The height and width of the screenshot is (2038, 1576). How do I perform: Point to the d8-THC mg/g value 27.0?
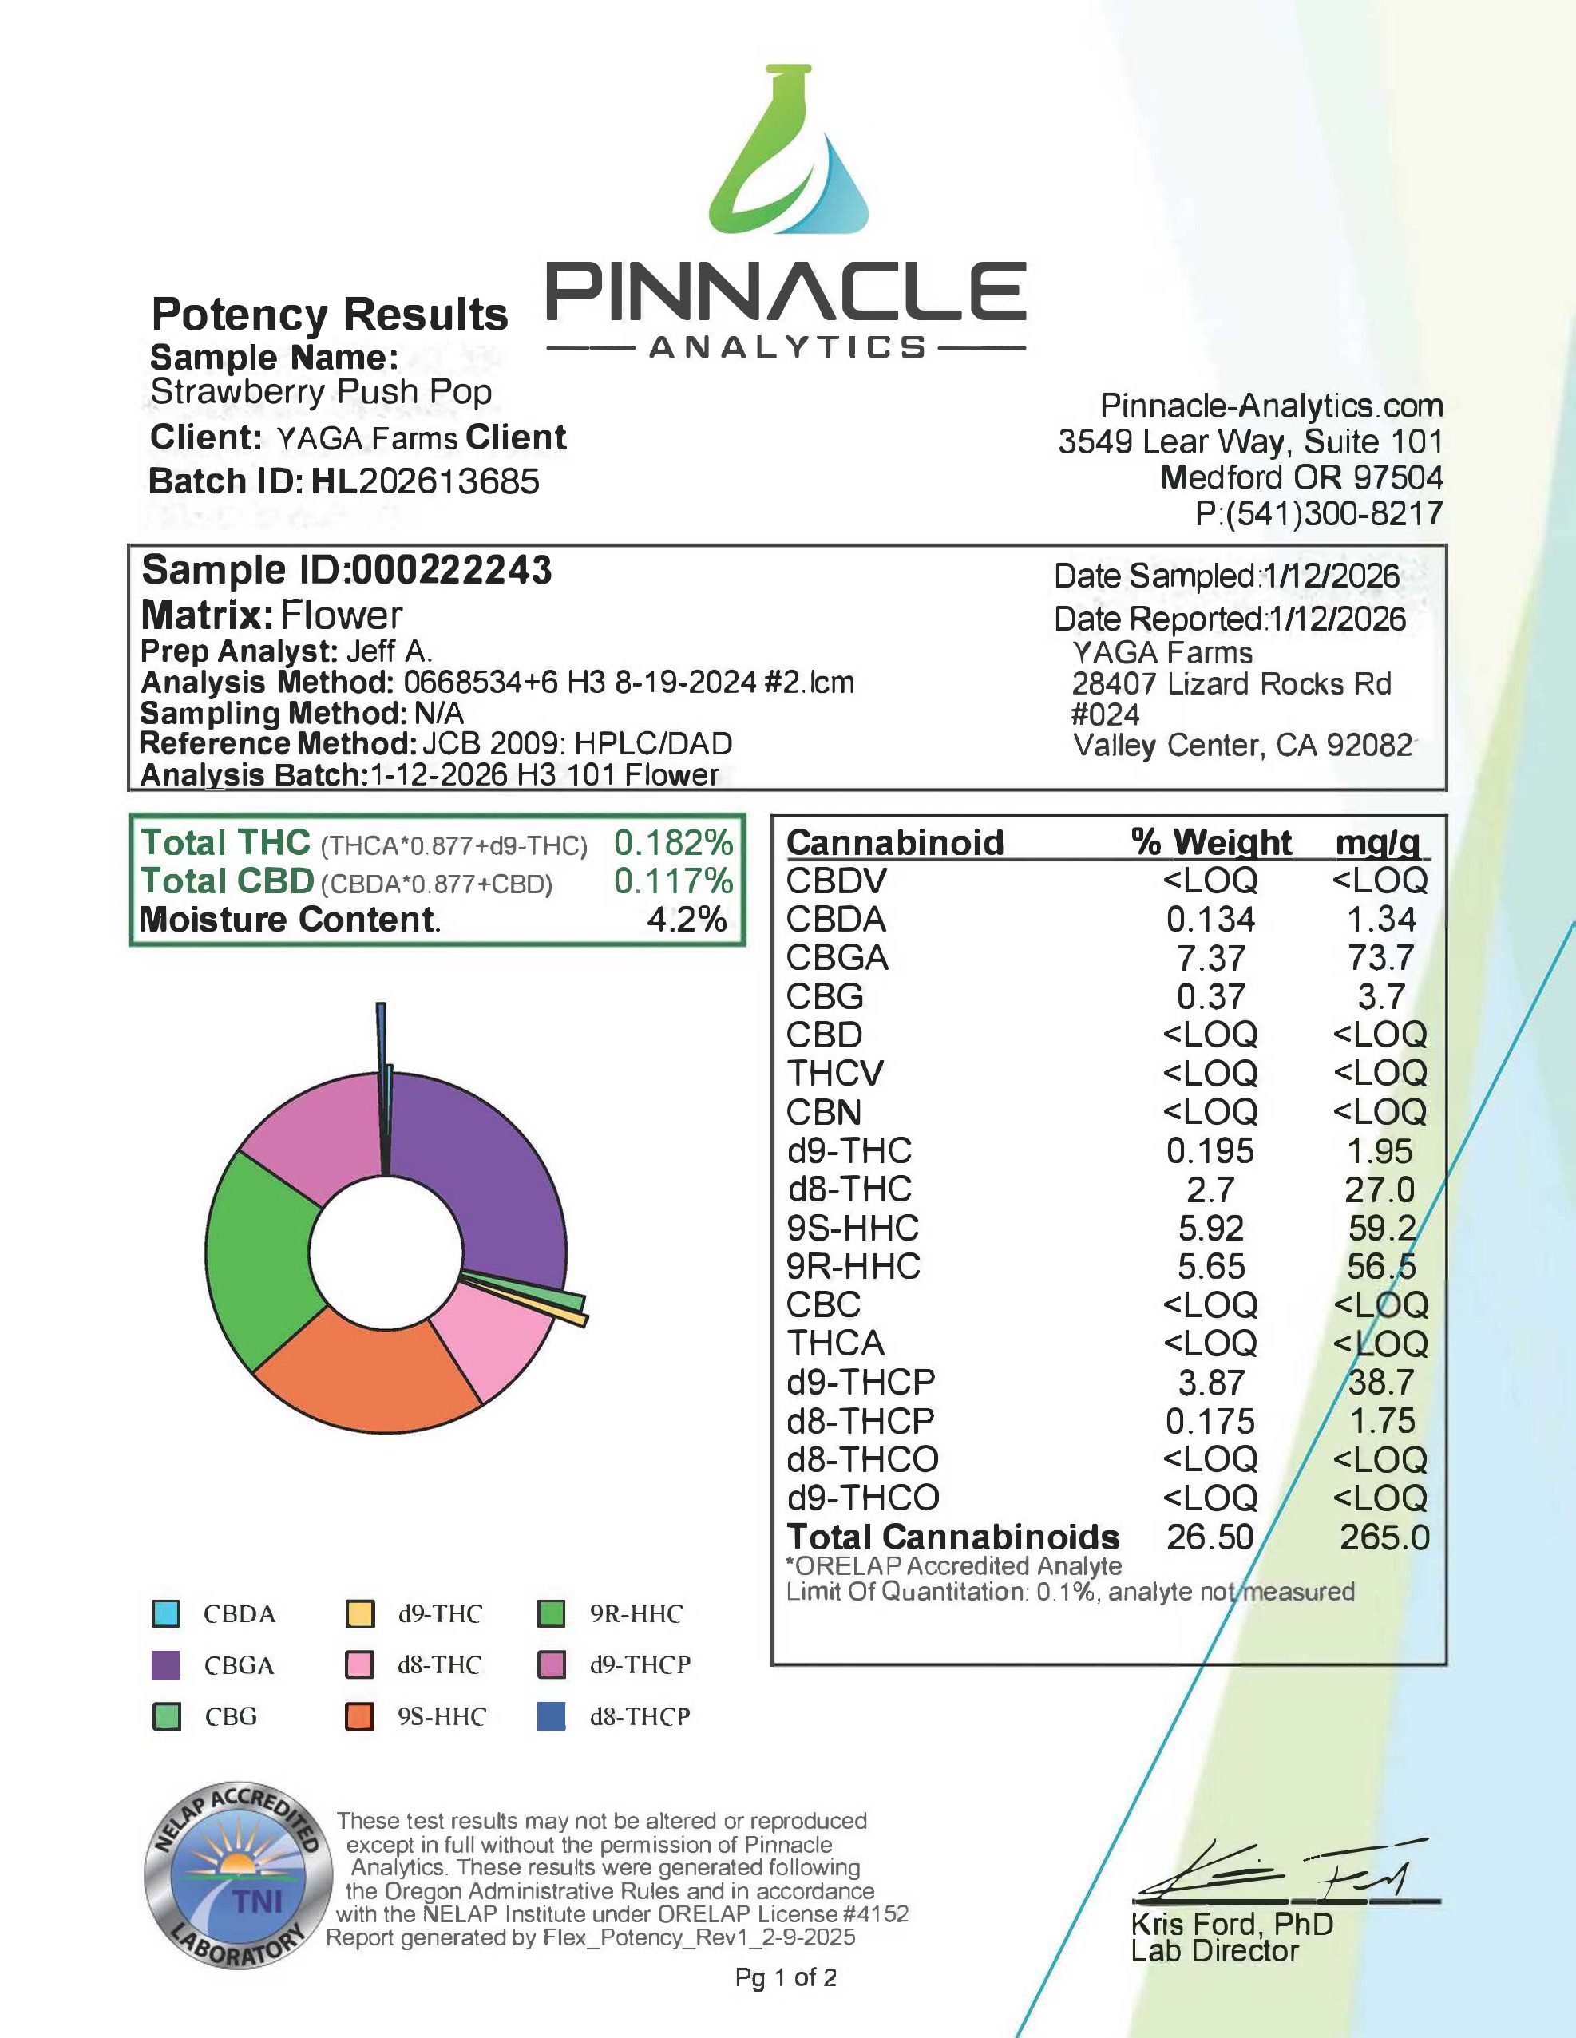[x=1380, y=1189]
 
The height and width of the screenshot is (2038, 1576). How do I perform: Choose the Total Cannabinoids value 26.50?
[x=1210, y=1537]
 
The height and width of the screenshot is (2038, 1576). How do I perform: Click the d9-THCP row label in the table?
[x=861, y=1382]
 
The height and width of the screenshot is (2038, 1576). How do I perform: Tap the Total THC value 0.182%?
[x=673, y=843]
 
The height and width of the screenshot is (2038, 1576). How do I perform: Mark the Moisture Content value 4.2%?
[x=687, y=919]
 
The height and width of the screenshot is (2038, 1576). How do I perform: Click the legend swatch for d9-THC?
[x=360, y=1614]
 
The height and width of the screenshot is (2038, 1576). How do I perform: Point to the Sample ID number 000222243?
[x=452, y=569]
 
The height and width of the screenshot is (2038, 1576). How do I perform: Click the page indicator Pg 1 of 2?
[x=786, y=1977]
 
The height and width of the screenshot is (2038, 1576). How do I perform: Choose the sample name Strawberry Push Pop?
[x=321, y=392]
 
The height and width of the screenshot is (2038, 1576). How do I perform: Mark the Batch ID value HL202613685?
[x=426, y=481]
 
